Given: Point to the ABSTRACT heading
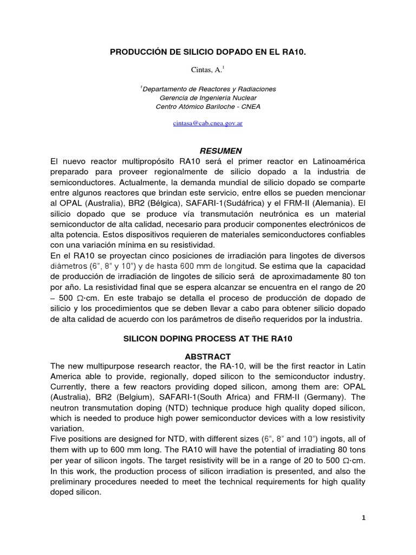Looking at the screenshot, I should (208, 356).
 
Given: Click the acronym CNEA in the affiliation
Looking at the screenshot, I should (251, 107).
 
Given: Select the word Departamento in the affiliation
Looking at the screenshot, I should (167, 88).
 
